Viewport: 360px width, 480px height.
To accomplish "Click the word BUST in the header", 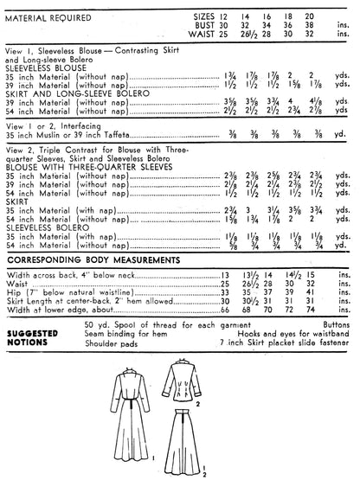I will click(x=202, y=24).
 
